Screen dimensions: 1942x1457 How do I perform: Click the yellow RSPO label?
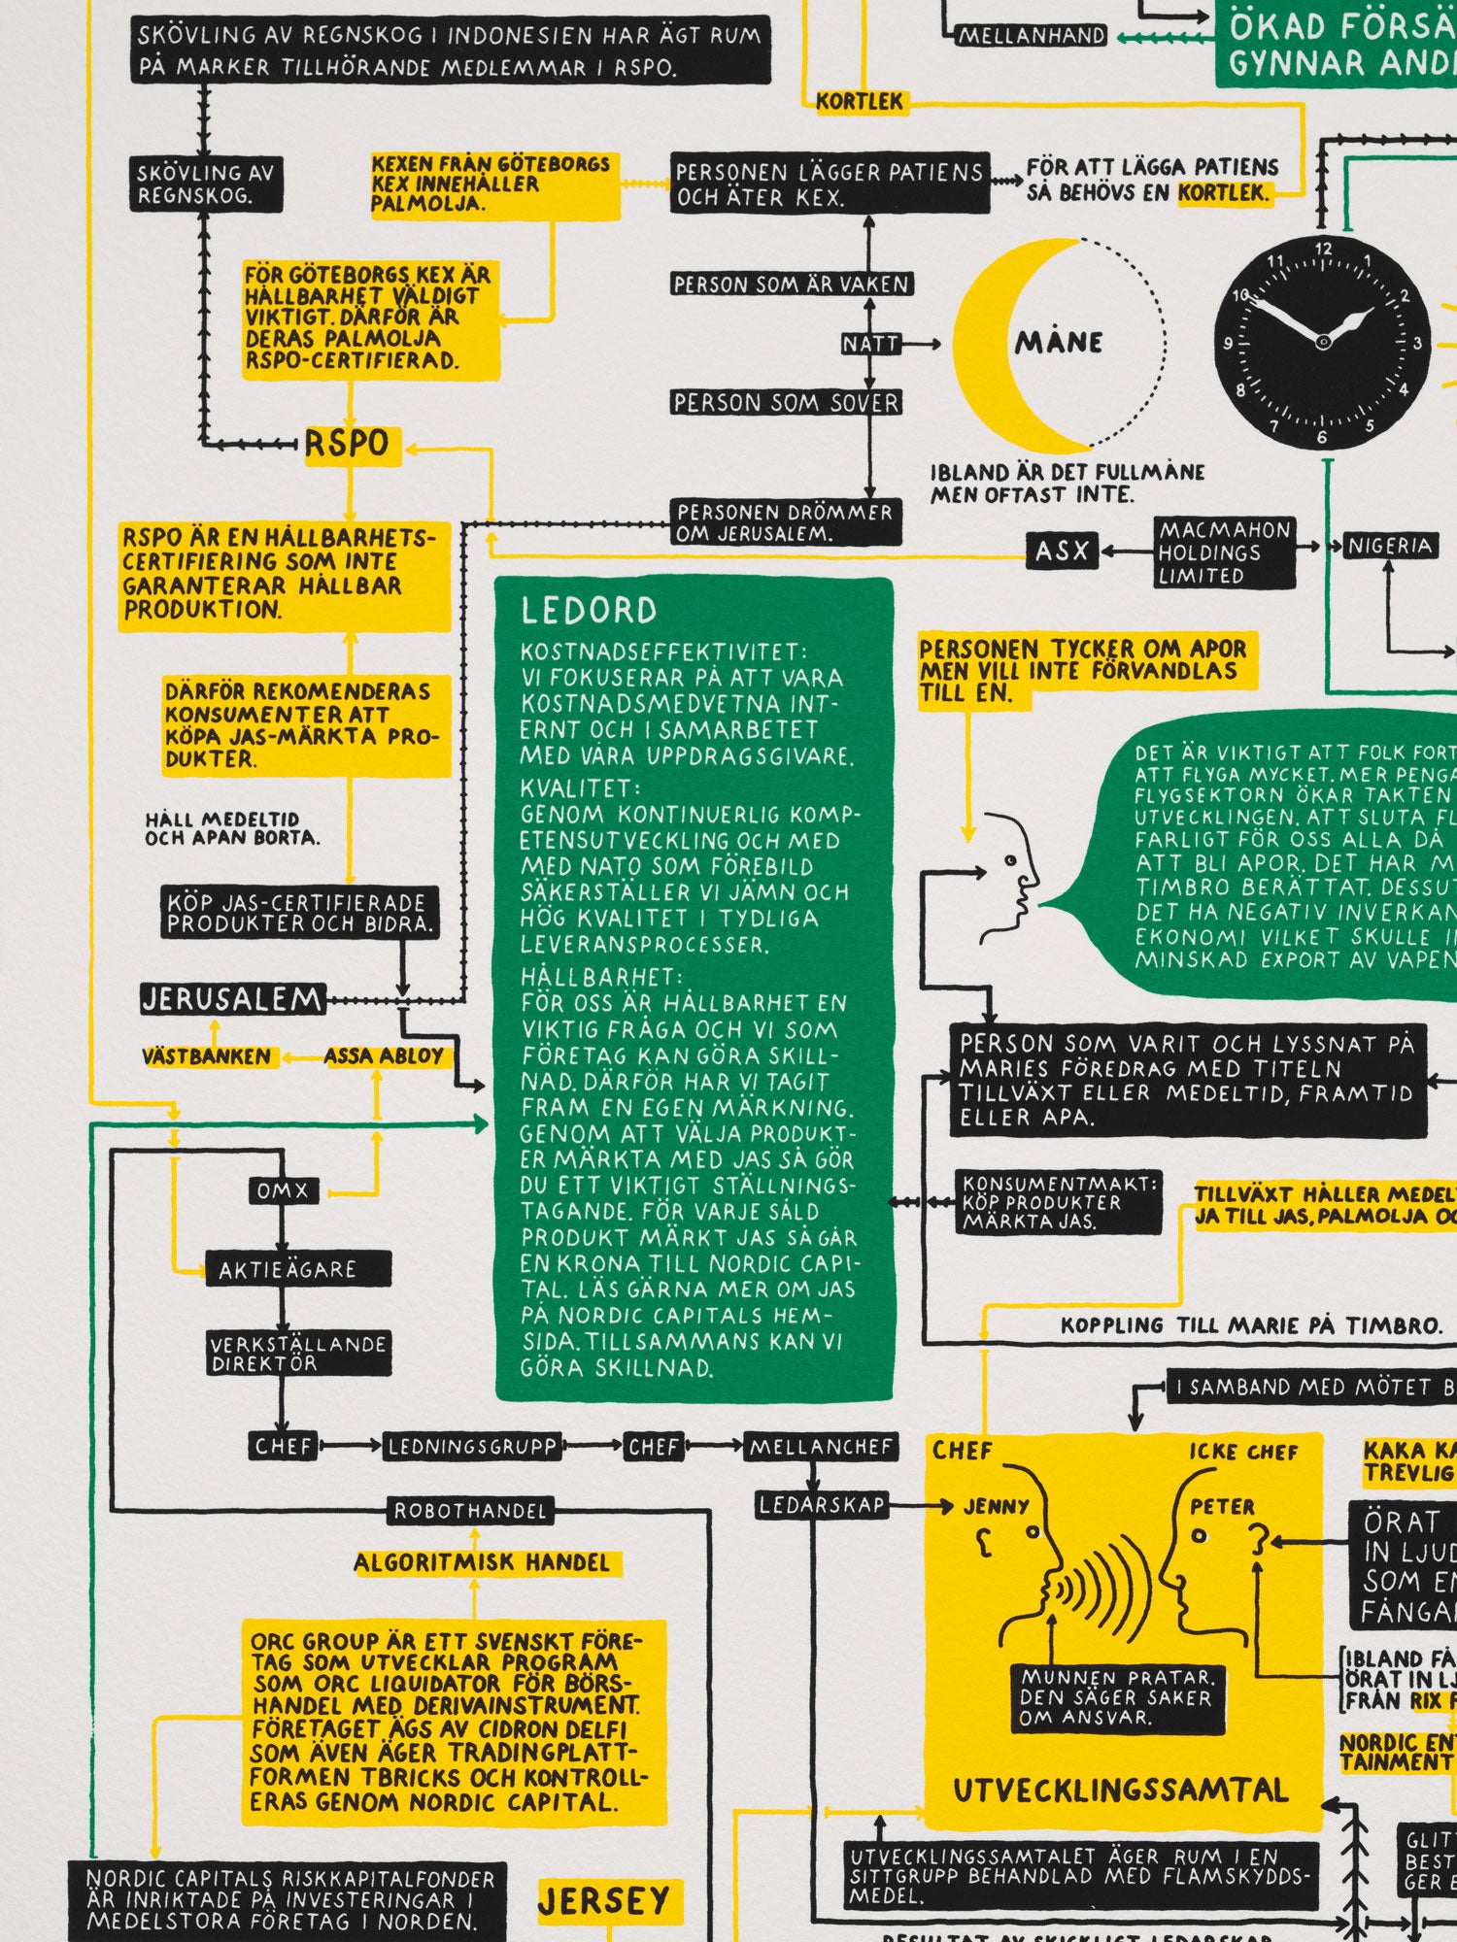pyautogui.click(x=348, y=444)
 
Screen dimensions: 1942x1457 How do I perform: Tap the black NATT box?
pyautogui.click(x=870, y=344)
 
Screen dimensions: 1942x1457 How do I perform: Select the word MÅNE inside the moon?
pyautogui.click(x=1059, y=343)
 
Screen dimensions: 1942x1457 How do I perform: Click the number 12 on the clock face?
pyautogui.click(x=1323, y=249)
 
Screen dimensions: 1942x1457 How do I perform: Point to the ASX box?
pyautogui.click(x=1063, y=552)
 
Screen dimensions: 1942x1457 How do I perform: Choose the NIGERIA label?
pyautogui.click(x=1390, y=546)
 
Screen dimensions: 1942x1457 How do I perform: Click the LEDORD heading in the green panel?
pyautogui.click(x=590, y=611)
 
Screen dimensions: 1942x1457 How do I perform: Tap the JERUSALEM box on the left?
pyautogui.click(x=232, y=999)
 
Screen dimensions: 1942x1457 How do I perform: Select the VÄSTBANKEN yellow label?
pyautogui.click(x=207, y=1056)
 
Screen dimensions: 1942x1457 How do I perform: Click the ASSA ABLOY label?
pyautogui.click(x=384, y=1056)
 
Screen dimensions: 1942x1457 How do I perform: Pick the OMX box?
pyautogui.click(x=283, y=1190)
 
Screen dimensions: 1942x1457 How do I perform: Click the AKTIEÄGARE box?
pyautogui.click(x=288, y=1270)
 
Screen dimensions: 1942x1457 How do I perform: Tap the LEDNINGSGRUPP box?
pyautogui.click(x=472, y=1447)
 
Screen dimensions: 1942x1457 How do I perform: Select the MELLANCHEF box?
pyautogui.click(x=821, y=1447)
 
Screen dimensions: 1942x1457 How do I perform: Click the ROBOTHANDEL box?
pyautogui.click(x=470, y=1511)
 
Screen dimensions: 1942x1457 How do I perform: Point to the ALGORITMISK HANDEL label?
pyautogui.click(x=482, y=1563)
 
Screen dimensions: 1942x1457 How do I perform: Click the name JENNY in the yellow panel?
pyautogui.click(x=996, y=1507)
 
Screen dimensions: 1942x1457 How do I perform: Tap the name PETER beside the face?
pyautogui.click(x=1222, y=1507)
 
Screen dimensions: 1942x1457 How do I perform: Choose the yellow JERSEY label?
pyautogui.click(x=603, y=1901)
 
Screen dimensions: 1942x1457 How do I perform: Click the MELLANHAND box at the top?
pyautogui.click(x=1032, y=36)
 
